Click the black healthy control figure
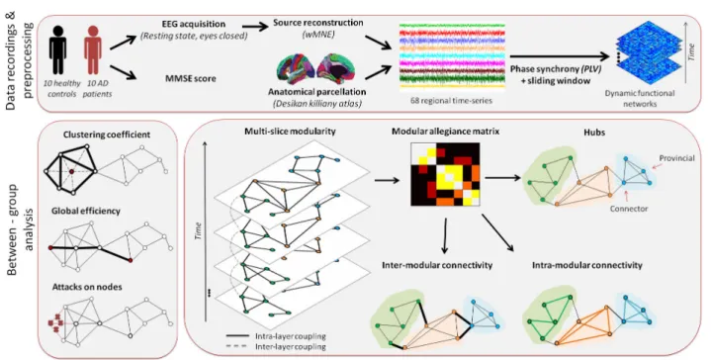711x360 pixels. (58, 49)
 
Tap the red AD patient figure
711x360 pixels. (93, 49)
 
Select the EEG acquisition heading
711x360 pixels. (194, 24)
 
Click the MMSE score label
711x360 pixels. (191, 78)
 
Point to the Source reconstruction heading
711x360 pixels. (318, 22)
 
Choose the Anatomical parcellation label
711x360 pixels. (317, 92)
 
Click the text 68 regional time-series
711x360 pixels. (451, 100)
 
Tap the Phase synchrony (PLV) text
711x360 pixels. (556, 70)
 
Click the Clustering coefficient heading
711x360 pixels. (107, 135)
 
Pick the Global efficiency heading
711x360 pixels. (86, 211)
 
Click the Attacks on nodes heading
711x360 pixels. (87, 287)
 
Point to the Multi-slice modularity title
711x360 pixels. (290, 132)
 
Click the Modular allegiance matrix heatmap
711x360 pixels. (445, 174)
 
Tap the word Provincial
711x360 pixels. (677, 158)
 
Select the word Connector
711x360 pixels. (629, 209)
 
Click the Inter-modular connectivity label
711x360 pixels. (437, 265)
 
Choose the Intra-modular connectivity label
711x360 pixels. (587, 265)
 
